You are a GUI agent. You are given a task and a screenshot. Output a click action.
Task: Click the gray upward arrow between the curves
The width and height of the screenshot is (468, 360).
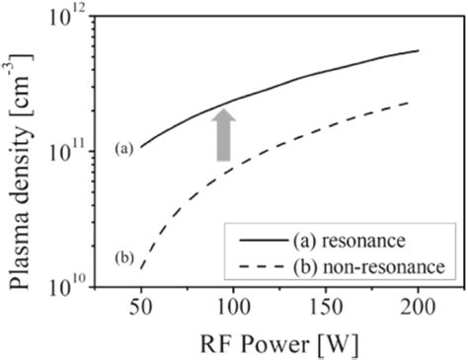pyautogui.click(x=225, y=134)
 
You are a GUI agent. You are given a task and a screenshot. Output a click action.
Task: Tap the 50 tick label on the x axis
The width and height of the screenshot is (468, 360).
pyautogui.click(x=142, y=307)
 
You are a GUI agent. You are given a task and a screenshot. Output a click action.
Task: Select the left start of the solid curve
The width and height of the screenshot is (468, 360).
pyautogui.click(x=142, y=148)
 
